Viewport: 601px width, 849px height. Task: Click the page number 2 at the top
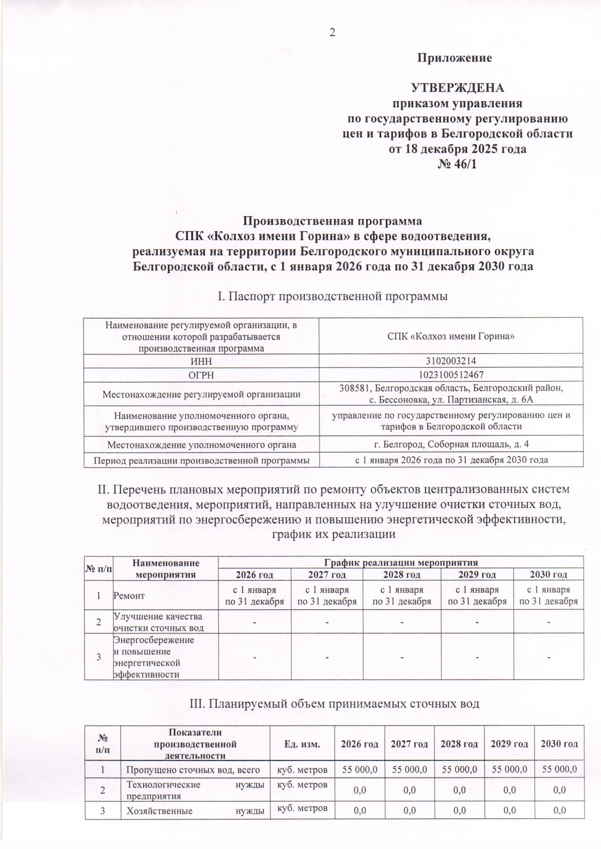332,33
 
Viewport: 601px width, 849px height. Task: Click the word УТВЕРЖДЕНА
457,89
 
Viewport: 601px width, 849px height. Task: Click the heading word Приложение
455,58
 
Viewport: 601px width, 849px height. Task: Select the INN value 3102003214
452,361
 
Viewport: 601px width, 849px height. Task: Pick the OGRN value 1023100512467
452,375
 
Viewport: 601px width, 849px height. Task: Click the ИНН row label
201,361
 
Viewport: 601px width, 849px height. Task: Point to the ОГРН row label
201,375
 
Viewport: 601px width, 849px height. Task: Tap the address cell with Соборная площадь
452,444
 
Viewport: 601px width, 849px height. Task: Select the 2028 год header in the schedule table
402,575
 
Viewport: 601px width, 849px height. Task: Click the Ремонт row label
129,595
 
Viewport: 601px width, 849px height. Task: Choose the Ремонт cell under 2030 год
548,595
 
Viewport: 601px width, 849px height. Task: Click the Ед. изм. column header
303,743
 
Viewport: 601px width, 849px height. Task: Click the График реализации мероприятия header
401,562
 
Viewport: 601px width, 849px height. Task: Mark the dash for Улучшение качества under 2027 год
327,622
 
